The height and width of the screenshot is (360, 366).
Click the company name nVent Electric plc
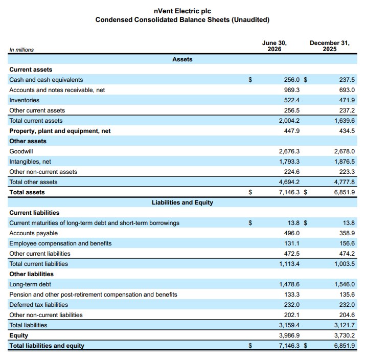[182, 11]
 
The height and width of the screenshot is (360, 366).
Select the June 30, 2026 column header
[274, 46]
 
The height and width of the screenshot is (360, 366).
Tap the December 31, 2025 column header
[330, 46]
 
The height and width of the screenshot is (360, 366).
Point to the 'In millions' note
[21, 50]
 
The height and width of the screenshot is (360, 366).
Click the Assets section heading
[182, 59]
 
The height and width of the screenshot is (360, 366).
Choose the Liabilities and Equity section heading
[182, 202]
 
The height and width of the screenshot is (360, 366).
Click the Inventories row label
[24, 100]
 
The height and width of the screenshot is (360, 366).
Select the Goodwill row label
[21, 151]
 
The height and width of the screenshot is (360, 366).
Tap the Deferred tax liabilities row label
[38, 305]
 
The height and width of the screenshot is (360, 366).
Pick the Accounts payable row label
[33, 233]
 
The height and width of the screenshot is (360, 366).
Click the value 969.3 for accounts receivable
[292, 90]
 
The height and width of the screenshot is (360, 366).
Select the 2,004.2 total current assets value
[289, 121]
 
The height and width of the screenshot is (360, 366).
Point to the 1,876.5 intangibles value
[345, 162]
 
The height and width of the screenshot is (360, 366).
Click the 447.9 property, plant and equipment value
[292, 131]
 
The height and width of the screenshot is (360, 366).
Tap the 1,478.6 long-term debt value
[289, 284]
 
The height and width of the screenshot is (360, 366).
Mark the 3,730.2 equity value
[345, 335]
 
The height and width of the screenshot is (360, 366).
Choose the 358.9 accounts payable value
[347, 233]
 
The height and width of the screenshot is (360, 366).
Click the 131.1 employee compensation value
[292, 243]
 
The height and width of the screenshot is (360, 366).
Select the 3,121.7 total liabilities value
[345, 325]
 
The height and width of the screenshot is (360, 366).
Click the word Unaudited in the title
[250, 19]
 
